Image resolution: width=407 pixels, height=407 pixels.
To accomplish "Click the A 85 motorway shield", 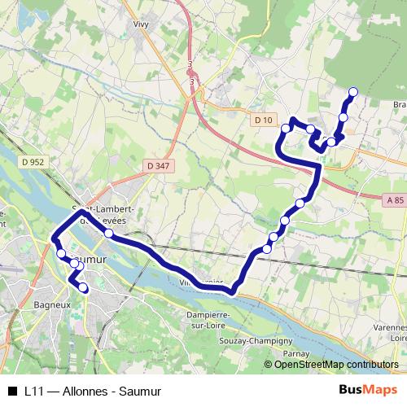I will pyautogui.click(x=395, y=199).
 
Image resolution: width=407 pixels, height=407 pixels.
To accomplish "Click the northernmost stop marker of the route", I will pyautogui.click(x=353, y=92).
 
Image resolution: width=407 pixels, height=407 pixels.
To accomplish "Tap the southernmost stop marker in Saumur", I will pyautogui.click(x=83, y=287).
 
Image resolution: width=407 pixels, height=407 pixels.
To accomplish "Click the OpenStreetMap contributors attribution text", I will pyautogui.click(x=335, y=365).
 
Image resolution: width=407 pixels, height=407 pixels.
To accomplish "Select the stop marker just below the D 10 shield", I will pyautogui.click(x=286, y=129).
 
